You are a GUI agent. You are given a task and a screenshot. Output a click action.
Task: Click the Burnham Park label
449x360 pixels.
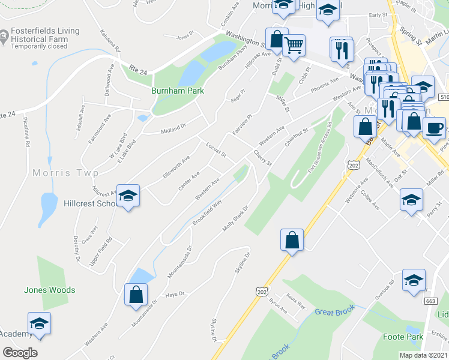click(177, 91)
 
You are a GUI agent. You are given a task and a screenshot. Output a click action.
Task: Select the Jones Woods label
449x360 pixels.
click(50, 290)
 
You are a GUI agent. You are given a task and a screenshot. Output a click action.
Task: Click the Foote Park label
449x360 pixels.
click(402, 337)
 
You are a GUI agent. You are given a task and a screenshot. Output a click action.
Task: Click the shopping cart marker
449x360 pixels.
click(294, 44)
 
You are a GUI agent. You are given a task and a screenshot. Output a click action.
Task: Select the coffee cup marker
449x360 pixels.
click(434, 127)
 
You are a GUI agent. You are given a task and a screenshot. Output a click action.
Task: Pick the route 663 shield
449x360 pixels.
click(430, 301)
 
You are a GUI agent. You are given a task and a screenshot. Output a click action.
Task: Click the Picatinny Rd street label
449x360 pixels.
click(26, 131)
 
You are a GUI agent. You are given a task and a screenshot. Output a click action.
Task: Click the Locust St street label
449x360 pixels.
click(215, 150)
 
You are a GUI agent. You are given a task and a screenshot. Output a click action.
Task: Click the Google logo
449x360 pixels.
click(20, 353)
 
